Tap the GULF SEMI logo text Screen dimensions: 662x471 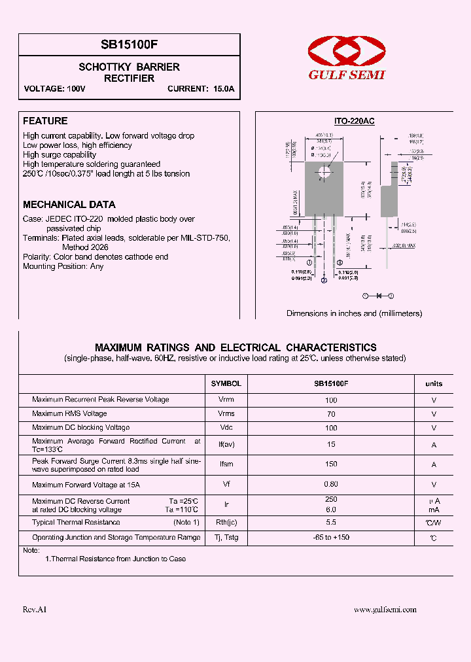(x=347, y=75)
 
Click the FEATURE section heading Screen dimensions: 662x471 (x=45, y=121)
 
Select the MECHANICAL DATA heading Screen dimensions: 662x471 (x=69, y=205)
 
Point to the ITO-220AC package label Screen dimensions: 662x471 (x=354, y=122)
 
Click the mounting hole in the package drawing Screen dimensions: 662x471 (x=324, y=173)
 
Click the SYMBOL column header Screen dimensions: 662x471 (x=226, y=384)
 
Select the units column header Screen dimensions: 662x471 (x=434, y=384)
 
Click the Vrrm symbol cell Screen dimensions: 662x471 (x=226, y=400)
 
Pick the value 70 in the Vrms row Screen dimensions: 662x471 (x=331, y=414)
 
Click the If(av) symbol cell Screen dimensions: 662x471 (x=226, y=445)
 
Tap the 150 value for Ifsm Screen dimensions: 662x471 (x=331, y=464)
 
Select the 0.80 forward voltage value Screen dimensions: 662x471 (x=331, y=485)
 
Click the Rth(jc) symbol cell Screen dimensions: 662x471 (x=226, y=523)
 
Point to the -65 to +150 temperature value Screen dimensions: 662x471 (x=331, y=538)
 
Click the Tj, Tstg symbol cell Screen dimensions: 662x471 (x=226, y=538)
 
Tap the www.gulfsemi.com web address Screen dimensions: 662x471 (x=385, y=610)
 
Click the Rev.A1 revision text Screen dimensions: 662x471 (x=35, y=610)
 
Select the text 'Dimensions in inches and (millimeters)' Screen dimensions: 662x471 (x=354, y=313)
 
